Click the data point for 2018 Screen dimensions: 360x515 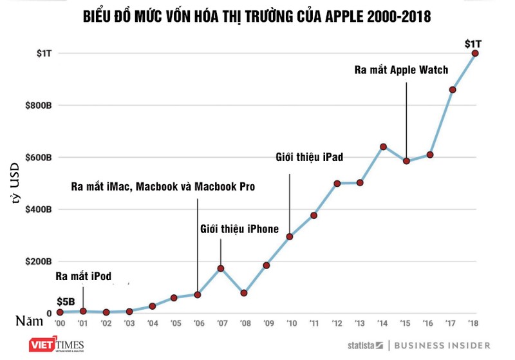tap(475, 53)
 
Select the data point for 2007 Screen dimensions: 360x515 tap(221, 269)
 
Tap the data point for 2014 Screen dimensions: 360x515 tap(383, 147)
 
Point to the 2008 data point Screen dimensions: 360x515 tap(244, 293)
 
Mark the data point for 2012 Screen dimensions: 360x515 tap(337, 184)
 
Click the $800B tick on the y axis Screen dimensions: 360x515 tap(38, 106)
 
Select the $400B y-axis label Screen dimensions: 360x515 tap(38, 210)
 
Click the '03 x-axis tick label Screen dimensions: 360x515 tap(129, 323)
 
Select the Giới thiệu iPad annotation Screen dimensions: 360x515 tap(310, 156)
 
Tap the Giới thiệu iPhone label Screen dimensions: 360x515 tap(239, 229)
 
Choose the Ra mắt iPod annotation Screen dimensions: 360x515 tap(83, 277)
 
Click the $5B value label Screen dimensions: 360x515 tap(66, 301)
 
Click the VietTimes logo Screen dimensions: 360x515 tap(57, 346)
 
